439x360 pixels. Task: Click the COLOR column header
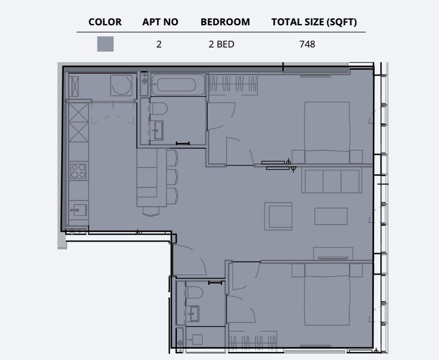coord(105,22)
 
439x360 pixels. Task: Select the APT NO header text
coord(160,22)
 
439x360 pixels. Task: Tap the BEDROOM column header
coord(225,22)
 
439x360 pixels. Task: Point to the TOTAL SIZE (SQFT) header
coord(314,22)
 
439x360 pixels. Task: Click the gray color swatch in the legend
coord(105,44)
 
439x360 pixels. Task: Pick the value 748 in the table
coord(307,44)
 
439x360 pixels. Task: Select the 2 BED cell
coord(221,44)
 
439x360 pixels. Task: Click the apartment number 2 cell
coord(159,44)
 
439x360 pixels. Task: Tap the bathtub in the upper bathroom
coord(179,85)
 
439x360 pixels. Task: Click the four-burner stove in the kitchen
coord(78,171)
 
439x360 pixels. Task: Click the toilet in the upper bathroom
coord(158,108)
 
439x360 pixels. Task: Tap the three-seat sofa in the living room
coord(331,181)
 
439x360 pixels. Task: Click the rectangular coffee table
coord(331,216)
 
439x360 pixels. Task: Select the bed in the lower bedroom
coord(327,298)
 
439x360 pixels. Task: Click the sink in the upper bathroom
coord(157,130)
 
